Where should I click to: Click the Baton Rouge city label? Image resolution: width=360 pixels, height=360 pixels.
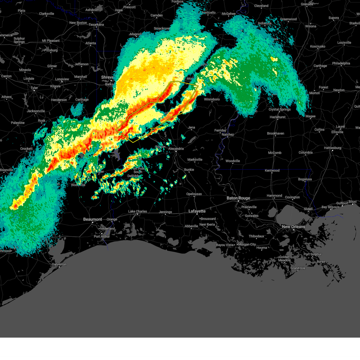[238, 198]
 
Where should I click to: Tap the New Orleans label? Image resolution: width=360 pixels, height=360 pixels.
[293, 227]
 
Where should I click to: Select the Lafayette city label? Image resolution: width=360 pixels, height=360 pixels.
[197, 211]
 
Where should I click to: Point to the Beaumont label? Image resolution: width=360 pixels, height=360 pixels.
[92, 219]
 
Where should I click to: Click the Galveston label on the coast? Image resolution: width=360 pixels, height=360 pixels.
[59, 264]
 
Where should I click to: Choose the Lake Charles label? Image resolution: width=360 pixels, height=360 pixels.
[137, 211]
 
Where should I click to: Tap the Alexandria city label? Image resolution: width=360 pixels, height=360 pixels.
[176, 148]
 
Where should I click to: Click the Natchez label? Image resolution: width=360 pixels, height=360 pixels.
[228, 134]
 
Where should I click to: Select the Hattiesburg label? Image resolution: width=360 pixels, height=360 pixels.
[333, 148]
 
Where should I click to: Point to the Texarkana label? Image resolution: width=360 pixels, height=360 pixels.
[96, 25]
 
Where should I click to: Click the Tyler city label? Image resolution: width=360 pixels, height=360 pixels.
[34, 88]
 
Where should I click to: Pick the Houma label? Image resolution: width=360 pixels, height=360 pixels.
[262, 248]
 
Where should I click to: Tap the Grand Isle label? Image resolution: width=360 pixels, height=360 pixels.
[298, 268]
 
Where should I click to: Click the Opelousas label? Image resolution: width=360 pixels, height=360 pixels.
[194, 194]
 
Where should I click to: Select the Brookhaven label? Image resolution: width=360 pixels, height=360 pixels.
[275, 133]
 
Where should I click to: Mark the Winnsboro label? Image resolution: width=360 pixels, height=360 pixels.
[212, 99]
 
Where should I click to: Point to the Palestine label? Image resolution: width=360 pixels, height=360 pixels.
[18, 123]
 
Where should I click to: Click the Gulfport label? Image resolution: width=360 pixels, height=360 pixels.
[342, 203]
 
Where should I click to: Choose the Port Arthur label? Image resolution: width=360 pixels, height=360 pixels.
[102, 236]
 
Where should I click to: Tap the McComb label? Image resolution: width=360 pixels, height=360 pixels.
[274, 153]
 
